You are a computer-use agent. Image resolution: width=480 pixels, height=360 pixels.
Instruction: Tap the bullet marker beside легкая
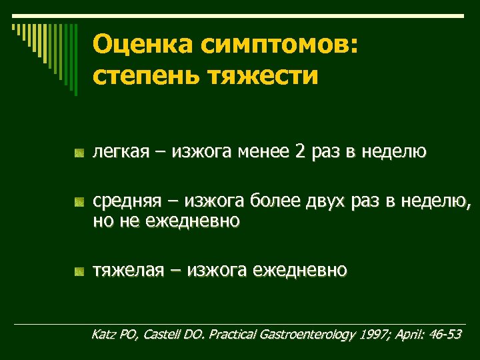79,154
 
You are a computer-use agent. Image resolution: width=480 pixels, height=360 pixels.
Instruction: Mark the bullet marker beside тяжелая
79,271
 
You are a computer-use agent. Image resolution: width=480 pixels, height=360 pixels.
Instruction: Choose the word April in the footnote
409,334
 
